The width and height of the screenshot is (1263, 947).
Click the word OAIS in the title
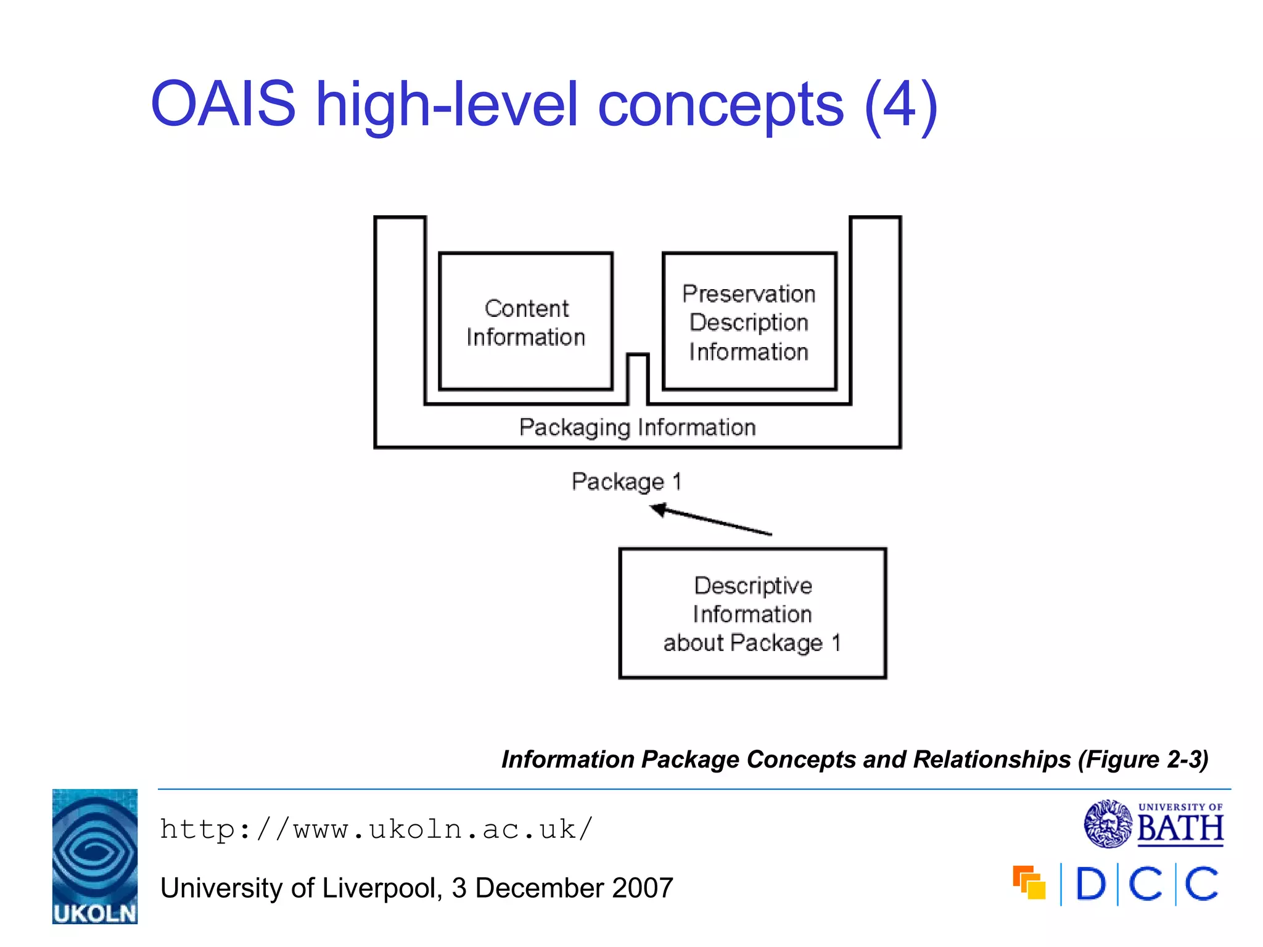(x=223, y=105)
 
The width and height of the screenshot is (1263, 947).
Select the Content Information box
(x=525, y=322)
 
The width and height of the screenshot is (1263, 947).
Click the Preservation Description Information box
(x=749, y=322)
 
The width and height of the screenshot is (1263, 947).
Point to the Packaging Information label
(x=637, y=427)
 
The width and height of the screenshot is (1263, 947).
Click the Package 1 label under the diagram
(x=626, y=482)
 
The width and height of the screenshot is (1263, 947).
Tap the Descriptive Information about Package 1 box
(x=752, y=613)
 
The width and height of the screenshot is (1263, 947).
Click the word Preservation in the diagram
(x=749, y=294)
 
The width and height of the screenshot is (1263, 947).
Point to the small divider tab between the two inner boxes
(x=638, y=377)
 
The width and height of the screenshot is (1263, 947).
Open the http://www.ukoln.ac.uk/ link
(x=376, y=830)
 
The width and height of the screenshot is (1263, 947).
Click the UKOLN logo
(x=95, y=856)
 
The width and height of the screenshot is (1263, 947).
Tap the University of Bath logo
(x=1153, y=824)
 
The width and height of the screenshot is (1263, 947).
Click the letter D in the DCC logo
(x=1090, y=884)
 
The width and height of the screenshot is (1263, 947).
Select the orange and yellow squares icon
(x=1029, y=883)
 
